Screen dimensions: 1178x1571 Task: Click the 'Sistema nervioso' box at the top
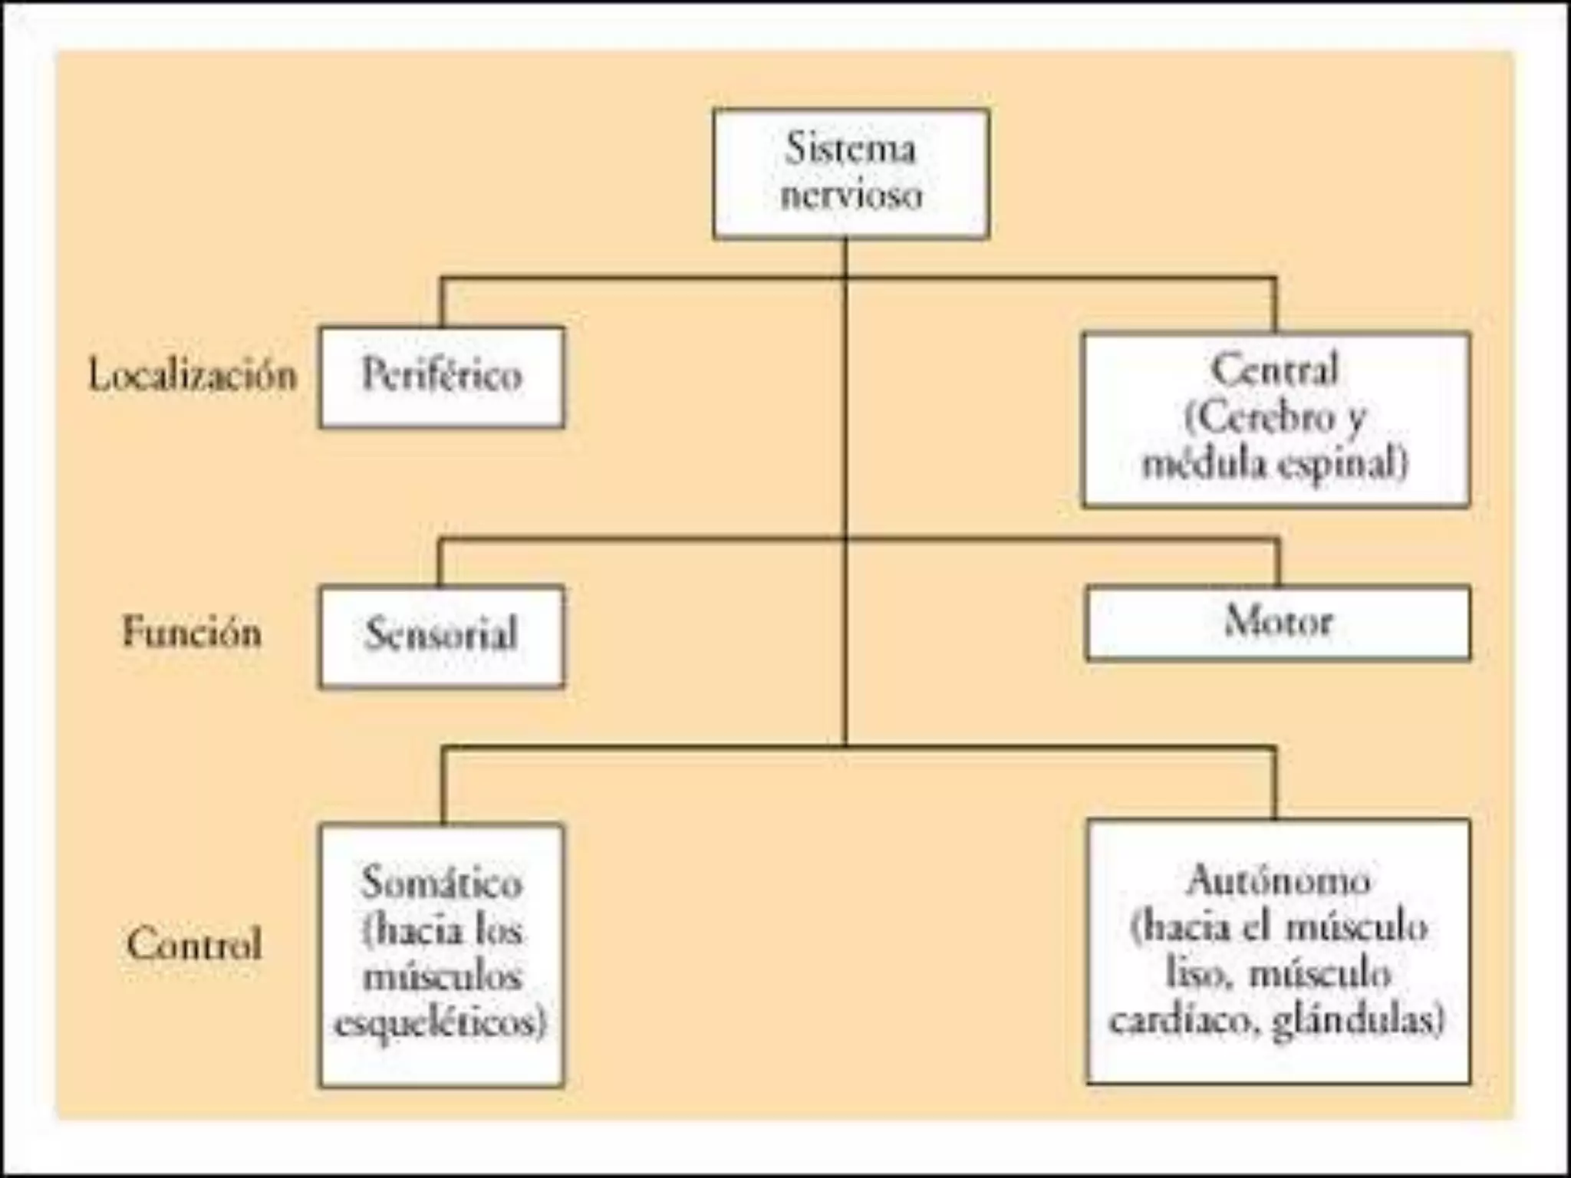[x=850, y=173]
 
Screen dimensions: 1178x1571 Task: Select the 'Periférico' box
[x=442, y=377]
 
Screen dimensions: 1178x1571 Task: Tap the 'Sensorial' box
[x=442, y=636]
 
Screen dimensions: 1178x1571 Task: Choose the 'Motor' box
[x=1278, y=622]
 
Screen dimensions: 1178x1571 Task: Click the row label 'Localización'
[x=193, y=377]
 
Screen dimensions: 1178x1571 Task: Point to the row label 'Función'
[x=193, y=633]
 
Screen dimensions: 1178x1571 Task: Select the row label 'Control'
[x=194, y=944]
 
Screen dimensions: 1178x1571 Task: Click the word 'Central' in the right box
[x=1275, y=370]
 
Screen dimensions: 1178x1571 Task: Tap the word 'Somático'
[x=442, y=883]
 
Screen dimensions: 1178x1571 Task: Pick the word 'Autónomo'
[x=1278, y=880]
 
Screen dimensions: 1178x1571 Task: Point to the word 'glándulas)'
[x=1359, y=1022]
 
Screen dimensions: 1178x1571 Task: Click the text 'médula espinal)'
[x=1275, y=464]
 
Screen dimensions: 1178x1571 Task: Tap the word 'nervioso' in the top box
[x=851, y=195]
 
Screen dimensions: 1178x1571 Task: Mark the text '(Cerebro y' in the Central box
[x=1275, y=418]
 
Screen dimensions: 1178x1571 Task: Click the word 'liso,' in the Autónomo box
[x=1197, y=975]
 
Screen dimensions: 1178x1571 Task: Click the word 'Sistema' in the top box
[x=850, y=149]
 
